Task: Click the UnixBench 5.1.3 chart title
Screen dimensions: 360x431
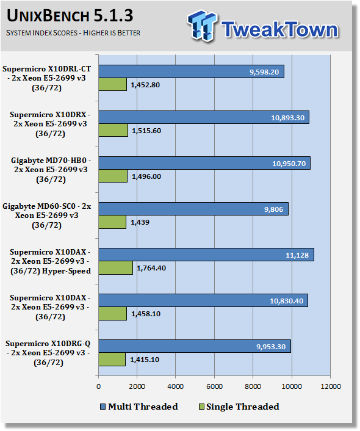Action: click(70, 15)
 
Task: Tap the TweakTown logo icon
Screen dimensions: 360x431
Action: click(202, 26)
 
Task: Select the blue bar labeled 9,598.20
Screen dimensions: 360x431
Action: click(191, 71)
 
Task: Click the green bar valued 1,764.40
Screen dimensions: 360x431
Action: click(116, 268)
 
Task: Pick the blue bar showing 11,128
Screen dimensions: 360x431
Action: click(206, 255)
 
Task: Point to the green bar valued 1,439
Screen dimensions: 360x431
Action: click(112, 222)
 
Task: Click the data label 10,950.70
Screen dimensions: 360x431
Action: click(289, 164)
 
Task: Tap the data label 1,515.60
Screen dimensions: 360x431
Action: click(146, 131)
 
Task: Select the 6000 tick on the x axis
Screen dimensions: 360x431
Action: click(214, 386)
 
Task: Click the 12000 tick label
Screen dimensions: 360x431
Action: click(331, 386)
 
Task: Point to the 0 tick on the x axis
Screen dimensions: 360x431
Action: click(99, 386)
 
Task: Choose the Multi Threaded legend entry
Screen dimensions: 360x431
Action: click(139, 407)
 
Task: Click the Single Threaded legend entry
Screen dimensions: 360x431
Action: click(239, 407)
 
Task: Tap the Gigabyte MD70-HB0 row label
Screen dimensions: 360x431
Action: click(51, 170)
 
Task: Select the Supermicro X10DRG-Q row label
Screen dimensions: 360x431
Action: click(48, 353)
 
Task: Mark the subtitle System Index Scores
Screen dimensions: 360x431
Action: click(73, 33)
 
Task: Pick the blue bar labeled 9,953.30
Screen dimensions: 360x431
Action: click(195, 346)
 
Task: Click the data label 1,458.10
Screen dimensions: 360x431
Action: click(146, 314)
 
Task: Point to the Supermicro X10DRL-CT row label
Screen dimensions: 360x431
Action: click(47, 78)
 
